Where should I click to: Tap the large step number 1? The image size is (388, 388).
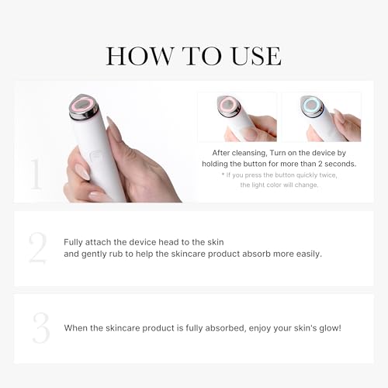pos(36,174)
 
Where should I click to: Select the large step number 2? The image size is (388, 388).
pos(37,248)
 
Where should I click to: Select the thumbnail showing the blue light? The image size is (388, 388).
pos(320,117)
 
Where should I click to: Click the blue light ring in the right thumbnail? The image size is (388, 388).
pos(311,106)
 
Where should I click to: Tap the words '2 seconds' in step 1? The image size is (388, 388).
pos(333,164)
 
